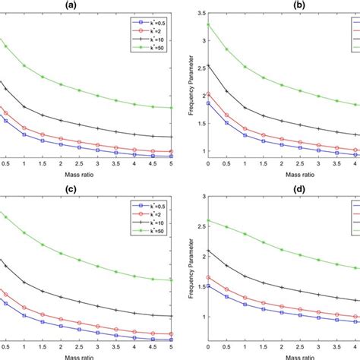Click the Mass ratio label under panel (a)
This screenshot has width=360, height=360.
pyautogui.click(x=78, y=175)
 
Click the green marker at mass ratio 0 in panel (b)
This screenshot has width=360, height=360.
pyautogui.click(x=209, y=25)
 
